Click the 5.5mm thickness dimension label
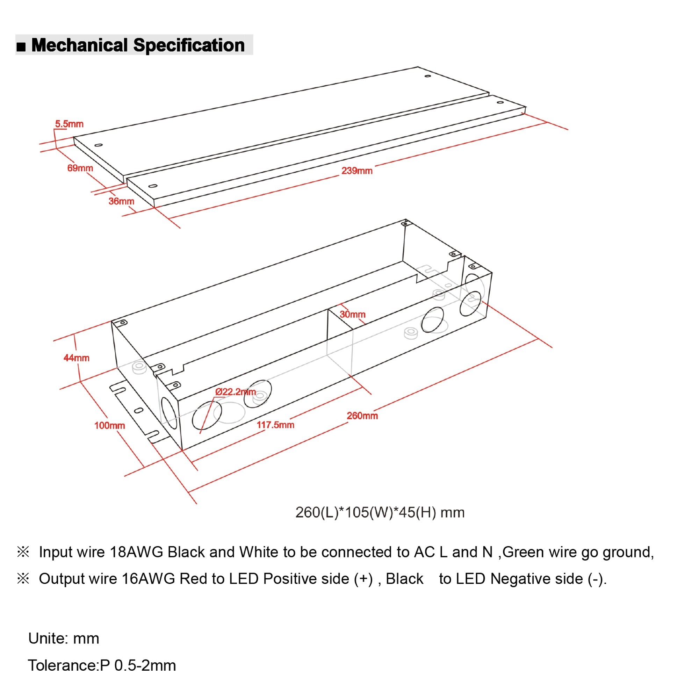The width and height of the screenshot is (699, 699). [69, 124]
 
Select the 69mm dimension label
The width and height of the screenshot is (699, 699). [80, 168]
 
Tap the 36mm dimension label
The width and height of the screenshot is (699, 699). [121, 202]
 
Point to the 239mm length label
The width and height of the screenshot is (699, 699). [357, 171]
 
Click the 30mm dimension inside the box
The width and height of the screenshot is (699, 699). [352, 315]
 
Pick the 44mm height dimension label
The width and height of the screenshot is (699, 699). [76, 358]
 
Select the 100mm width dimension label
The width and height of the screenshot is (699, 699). [110, 425]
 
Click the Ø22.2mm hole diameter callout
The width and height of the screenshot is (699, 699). [236, 392]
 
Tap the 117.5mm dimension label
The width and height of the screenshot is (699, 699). [275, 425]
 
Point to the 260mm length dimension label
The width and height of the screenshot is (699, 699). [362, 416]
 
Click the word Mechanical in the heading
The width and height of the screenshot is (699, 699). [80, 45]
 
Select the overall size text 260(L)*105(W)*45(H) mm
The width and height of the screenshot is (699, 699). [380, 512]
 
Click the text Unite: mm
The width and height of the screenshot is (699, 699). [64, 639]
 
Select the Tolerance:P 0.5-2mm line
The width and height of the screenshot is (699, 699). [102, 666]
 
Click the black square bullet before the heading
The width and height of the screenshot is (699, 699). [21, 47]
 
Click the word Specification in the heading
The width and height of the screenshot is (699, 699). [189, 45]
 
